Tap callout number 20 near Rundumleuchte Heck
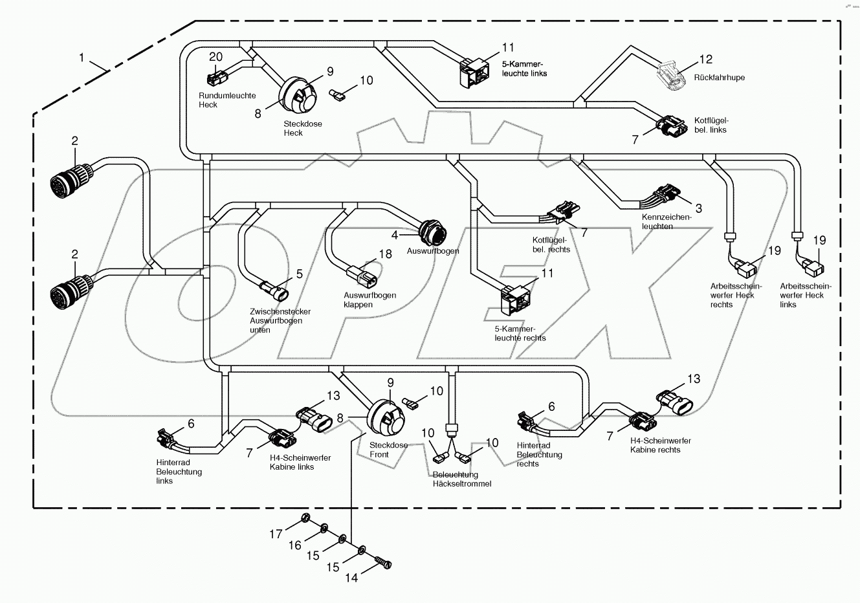coord(215,57)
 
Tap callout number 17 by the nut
coord(276,534)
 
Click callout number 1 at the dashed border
coord(82,58)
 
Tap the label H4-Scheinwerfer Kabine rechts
coord(660,445)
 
